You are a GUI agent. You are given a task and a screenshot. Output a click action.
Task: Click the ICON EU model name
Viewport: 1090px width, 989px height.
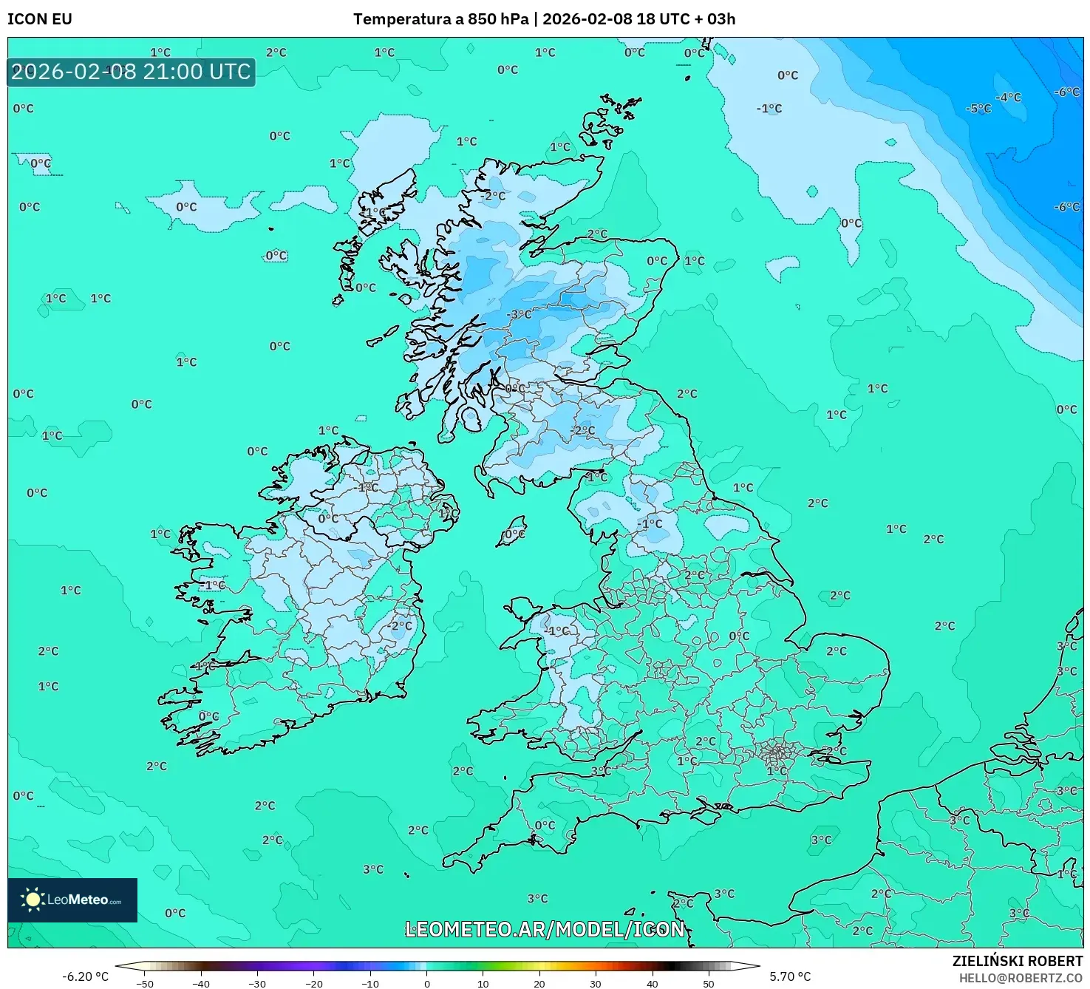tap(40, 19)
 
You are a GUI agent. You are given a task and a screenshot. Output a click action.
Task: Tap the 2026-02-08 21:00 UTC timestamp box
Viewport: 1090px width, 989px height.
tap(131, 72)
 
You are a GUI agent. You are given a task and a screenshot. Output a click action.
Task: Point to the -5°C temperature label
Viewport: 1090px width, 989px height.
tap(978, 109)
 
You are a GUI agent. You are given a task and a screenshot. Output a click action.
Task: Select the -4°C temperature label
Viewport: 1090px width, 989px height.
tap(1008, 98)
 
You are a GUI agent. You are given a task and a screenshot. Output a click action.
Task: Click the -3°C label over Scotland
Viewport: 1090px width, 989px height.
tap(519, 314)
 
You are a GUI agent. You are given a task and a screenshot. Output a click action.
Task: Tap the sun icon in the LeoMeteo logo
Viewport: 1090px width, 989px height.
tap(33, 900)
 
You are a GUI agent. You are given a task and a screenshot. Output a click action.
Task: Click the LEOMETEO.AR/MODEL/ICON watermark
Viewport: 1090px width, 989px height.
tap(545, 929)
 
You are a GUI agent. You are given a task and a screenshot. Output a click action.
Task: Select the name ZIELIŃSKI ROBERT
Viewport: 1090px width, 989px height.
tap(1017, 961)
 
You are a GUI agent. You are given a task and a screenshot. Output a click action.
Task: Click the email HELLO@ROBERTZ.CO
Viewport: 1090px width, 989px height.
tap(1021, 978)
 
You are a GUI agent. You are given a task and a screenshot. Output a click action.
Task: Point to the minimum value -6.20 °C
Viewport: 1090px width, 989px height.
tap(85, 976)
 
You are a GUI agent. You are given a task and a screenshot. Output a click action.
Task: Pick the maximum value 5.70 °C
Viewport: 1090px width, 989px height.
tap(790, 976)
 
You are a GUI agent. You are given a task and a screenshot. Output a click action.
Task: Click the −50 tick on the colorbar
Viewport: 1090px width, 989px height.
tap(145, 984)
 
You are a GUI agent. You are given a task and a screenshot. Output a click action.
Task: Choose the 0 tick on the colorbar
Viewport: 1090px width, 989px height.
tap(427, 984)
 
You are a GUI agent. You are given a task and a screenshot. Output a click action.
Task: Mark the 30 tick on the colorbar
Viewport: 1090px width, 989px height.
tap(596, 984)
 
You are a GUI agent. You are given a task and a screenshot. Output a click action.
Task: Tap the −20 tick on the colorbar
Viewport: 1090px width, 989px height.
tap(314, 984)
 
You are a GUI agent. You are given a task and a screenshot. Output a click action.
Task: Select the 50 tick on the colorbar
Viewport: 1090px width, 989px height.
tap(709, 984)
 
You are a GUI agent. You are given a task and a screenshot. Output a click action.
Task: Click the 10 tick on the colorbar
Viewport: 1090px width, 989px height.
tap(483, 984)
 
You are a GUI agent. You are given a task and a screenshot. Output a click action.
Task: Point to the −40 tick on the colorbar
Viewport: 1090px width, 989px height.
tap(201, 984)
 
